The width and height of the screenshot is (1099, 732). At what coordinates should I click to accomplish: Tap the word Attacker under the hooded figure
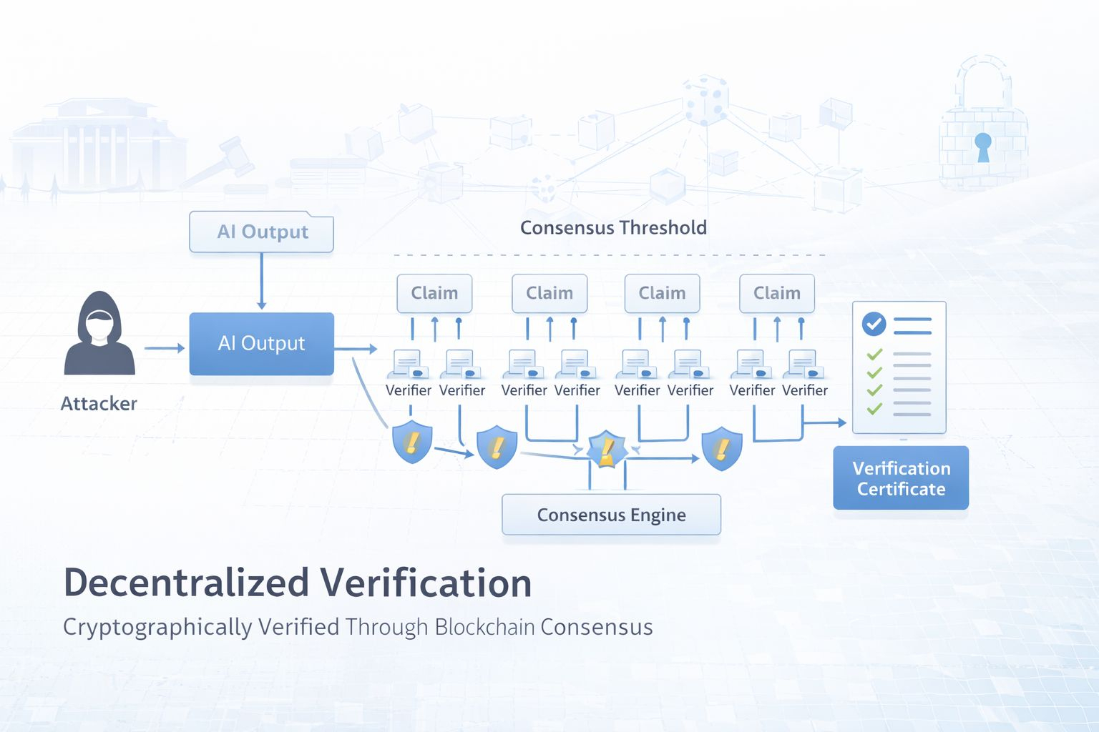[x=99, y=404]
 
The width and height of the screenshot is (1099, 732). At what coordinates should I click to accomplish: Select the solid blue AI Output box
[x=261, y=344]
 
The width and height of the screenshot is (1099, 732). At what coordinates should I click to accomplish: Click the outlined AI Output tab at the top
[x=262, y=232]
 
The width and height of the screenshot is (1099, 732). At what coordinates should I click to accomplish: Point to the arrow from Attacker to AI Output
[x=165, y=348]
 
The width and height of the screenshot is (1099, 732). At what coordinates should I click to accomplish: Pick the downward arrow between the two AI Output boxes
[x=261, y=282]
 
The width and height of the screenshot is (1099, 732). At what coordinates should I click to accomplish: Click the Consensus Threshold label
[x=613, y=228]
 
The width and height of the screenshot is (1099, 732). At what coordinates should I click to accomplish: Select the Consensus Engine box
[x=611, y=515]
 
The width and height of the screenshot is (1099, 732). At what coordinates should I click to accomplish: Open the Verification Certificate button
[x=901, y=478]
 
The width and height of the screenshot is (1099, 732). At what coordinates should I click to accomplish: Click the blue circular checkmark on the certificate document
[x=873, y=325]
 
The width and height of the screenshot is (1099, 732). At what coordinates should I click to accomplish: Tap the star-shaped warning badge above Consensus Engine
[x=607, y=450]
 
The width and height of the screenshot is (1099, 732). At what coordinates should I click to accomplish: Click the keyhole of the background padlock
[x=983, y=145]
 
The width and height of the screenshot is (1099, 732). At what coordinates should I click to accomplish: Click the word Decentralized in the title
[x=186, y=583]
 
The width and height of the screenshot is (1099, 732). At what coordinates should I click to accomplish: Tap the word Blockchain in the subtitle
[x=484, y=627]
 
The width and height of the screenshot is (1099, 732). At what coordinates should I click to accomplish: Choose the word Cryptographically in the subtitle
[x=157, y=627]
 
